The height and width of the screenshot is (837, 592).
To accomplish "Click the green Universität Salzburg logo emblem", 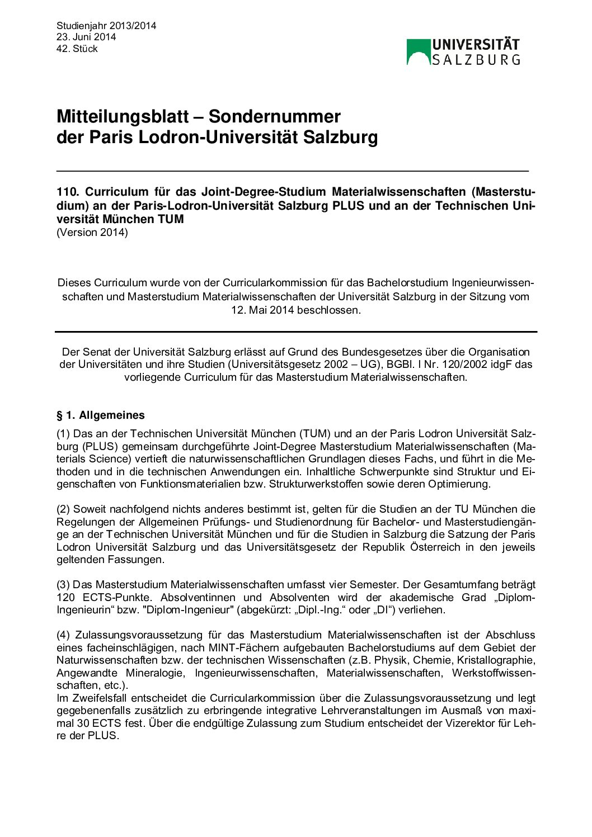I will click(418, 52).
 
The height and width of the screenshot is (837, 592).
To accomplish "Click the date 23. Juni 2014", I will click(86, 37).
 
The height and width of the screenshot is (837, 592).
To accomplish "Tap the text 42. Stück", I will click(77, 49).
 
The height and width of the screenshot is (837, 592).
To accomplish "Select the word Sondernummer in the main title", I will click(274, 116).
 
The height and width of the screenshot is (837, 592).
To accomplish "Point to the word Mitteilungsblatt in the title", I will click(123, 116).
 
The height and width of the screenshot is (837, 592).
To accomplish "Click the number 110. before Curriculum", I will click(68, 192).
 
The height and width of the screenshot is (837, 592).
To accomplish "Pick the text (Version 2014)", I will click(92, 233).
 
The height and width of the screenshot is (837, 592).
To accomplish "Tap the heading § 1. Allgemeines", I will click(101, 415).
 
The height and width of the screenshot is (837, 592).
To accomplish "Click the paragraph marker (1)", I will click(63, 434).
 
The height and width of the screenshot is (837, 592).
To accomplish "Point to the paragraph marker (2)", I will click(63, 509).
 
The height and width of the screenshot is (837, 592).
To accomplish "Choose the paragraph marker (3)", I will click(63, 585).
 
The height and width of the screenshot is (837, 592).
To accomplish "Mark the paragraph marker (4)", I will click(63, 635).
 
